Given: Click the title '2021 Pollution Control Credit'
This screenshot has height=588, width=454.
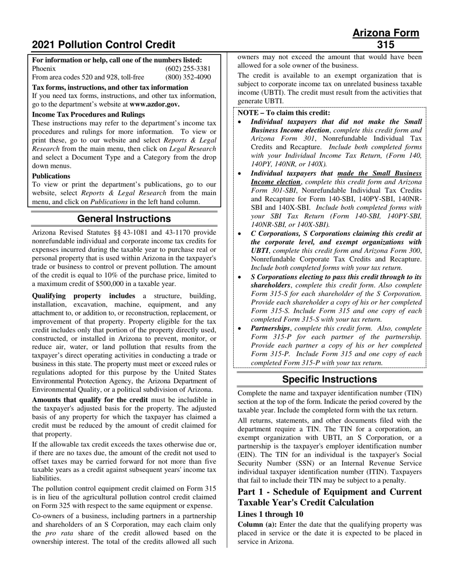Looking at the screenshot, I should [x=103, y=45].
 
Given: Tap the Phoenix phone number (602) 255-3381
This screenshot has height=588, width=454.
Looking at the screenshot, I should [x=188, y=68].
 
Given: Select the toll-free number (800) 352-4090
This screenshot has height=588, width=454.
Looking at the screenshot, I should [x=188, y=77].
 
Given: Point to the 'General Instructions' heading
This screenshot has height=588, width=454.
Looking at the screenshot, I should [x=124, y=219].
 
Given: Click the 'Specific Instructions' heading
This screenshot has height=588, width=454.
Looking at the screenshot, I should [x=329, y=380].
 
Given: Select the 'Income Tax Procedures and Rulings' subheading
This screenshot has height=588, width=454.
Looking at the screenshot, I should [x=88, y=114].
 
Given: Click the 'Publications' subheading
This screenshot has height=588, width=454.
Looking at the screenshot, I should [x=51, y=176].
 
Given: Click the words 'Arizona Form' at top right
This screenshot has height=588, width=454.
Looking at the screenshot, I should [x=385, y=33].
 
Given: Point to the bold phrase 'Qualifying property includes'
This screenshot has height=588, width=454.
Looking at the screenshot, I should [x=84, y=296].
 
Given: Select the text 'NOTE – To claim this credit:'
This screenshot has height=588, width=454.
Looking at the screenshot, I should [x=283, y=113].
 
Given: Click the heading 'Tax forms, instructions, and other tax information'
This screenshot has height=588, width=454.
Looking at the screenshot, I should [x=110, y=87].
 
